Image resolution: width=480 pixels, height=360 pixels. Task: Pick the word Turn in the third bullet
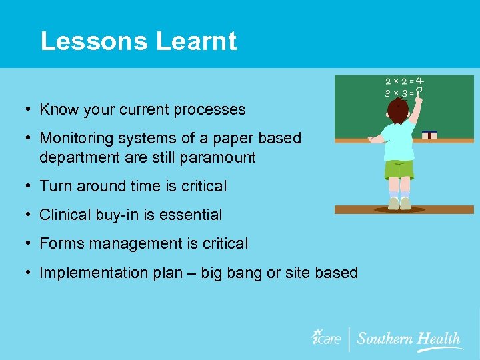54,186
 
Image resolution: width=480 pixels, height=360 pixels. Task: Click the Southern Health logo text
408,338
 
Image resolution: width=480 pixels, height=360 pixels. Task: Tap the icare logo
327,337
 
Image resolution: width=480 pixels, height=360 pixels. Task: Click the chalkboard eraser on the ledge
430,135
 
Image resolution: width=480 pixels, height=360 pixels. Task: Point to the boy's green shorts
399,169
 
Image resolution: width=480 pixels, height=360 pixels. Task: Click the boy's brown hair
399,112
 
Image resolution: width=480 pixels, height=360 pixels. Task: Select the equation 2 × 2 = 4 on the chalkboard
405,82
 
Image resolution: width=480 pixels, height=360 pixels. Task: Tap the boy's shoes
399,203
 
